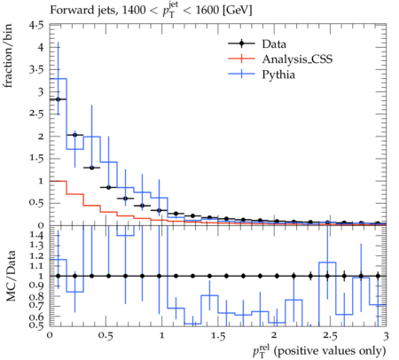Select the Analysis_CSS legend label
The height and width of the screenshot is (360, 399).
[297, 59]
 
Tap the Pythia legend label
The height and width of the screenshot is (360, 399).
[278, 74]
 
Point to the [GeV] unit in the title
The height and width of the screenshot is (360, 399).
[237, 11]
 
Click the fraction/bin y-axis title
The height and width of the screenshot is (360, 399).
[7, 56]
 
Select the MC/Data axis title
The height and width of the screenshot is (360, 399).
[11, 276]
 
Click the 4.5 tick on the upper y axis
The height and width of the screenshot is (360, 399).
[36, 26]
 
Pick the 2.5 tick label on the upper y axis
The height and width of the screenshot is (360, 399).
[36, 114]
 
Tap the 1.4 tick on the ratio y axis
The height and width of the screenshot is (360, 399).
[36, 235]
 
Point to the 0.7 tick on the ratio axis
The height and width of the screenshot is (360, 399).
[36, 305]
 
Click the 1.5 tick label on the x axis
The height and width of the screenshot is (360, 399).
[218, 336]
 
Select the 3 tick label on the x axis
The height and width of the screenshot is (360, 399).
[386, 336]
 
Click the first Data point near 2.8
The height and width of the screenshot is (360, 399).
[58, 99]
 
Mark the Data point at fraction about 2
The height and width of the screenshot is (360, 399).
[74, 135]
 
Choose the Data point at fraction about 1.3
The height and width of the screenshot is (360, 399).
[91, 168]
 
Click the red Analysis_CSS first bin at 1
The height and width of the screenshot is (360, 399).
[58, 181]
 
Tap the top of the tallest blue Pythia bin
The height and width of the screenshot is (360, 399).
[58, 79]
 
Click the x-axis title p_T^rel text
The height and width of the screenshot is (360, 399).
[319, 351]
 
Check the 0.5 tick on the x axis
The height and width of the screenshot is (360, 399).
[106, 336]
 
